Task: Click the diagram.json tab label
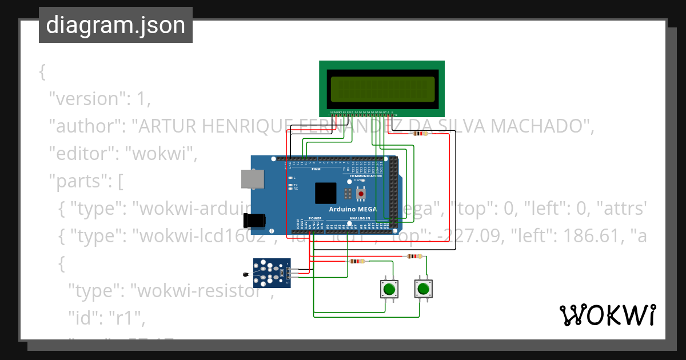[x=115, y=25]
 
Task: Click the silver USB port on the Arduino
[x=253, y=179]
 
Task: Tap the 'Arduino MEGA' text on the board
[x=352, y=209]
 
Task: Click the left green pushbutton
[x=390, y=289]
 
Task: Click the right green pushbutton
[x=423, y=289]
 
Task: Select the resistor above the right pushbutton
[x=414, y=257]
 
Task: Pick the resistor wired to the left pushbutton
[x=357, y=262]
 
